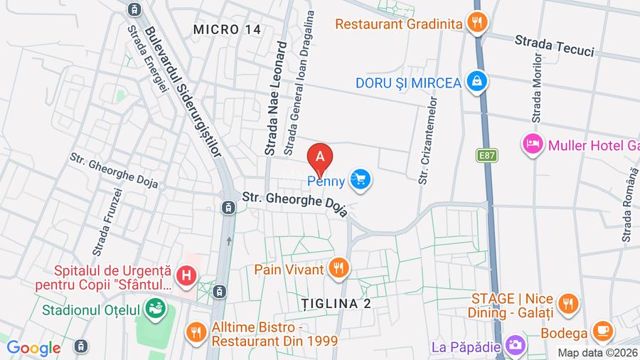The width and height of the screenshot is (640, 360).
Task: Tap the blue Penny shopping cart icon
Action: click(x=360, y=180)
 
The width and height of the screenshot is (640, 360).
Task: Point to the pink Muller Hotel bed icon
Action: click(x=533, y=145)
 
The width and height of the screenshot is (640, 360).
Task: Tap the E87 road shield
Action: click(x=487, y=154)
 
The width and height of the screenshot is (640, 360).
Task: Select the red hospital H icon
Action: click(x=186, y=275)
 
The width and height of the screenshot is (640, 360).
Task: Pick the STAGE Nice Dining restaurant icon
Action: click(x=567, y=304)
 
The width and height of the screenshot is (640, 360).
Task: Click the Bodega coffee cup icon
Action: click(x=603, y=331)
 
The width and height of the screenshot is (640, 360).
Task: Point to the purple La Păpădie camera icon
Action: click(x=515, y=347)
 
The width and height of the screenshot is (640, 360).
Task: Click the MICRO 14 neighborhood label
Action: click(x=227, y=29)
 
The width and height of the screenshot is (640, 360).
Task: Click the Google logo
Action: click(x=33, y=348)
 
